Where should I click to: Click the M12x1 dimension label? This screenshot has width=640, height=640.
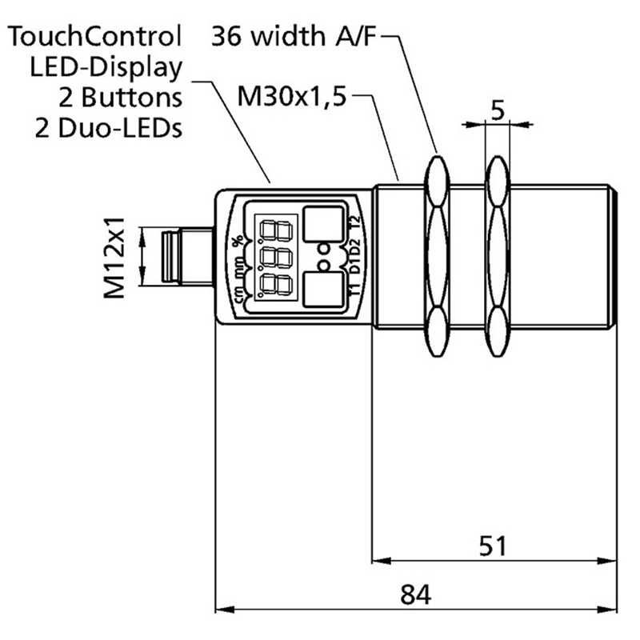(x=118, y=255)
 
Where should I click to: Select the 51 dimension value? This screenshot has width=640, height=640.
(x=494, y=546)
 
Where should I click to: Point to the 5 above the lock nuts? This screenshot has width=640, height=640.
(x=497, y=110)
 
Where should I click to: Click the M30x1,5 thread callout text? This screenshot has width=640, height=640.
(x=294, y=98)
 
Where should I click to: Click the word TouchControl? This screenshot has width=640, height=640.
(x=94, y=35)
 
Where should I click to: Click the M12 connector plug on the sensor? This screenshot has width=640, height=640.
(x=174, y=256)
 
